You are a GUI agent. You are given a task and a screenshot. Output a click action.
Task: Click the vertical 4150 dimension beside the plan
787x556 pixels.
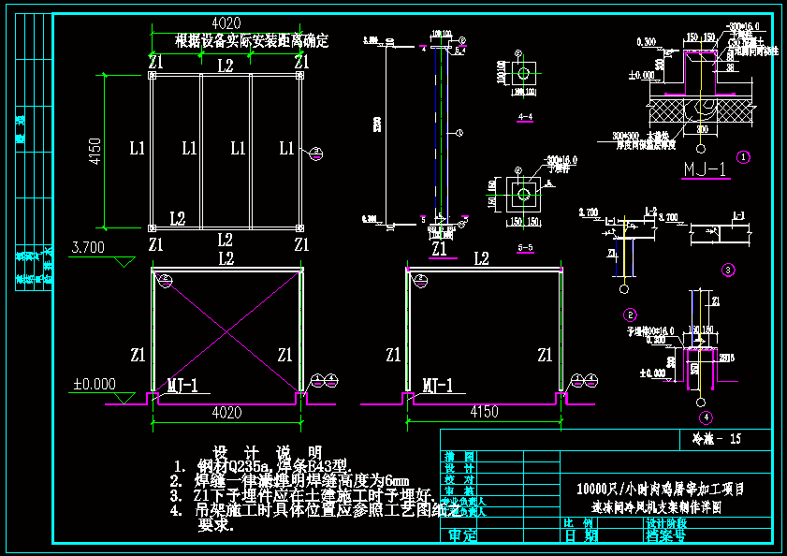tap(95, 151)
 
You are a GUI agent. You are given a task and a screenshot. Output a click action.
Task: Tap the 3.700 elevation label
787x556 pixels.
tap(88, 247)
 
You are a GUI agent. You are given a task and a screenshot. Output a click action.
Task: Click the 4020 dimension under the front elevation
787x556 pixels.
tap(225, 412)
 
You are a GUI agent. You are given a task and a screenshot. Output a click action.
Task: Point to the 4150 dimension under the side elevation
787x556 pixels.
tap(484, 412)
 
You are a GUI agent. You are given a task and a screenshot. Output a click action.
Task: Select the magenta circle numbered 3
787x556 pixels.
tap(728, 270)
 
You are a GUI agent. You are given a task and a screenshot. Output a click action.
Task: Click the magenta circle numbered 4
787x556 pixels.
tap(705, 417)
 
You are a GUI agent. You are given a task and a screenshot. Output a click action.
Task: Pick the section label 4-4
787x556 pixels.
tap(525, 117)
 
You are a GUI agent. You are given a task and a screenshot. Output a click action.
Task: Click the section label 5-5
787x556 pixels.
tap(525, 247)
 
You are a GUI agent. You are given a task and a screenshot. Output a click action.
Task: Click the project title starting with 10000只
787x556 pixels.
tap(667, 489)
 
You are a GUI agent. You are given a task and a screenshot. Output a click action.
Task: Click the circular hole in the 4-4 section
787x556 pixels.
tap(524, 72)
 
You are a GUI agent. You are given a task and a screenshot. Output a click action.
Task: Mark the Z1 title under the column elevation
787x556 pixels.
tap(440, 249)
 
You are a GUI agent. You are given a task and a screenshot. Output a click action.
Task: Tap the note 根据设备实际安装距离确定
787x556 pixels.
tap(253, 41)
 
